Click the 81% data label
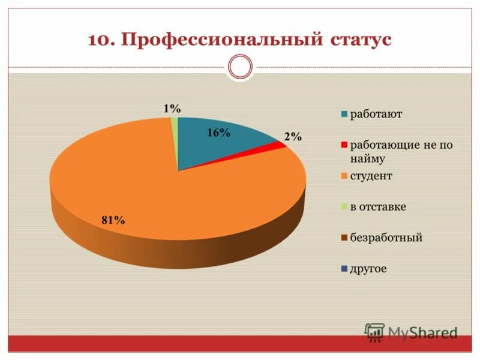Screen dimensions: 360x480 click(x=113, y=220)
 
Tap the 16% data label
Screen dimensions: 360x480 click(x=218, y=133)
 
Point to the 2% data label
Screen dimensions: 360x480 click(x=293, y=137)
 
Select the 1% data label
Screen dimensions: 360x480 click(x=172, y=109)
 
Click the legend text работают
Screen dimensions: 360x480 click(x=376, y=114)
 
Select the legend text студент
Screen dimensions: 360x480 click(x=371, y=176)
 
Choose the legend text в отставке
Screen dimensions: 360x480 click(x=378, y=207)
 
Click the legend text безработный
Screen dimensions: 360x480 click(x=386, y=238)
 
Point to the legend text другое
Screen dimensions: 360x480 click(x=368, y=269)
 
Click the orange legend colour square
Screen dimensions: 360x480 click(x=344, y=176)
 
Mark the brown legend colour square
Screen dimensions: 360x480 click(x=344, y=238)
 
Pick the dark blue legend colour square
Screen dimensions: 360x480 click(x=344, y=269)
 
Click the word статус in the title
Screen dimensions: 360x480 click(x=360, y=40)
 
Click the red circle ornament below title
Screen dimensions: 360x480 click(x=241, y=67)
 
